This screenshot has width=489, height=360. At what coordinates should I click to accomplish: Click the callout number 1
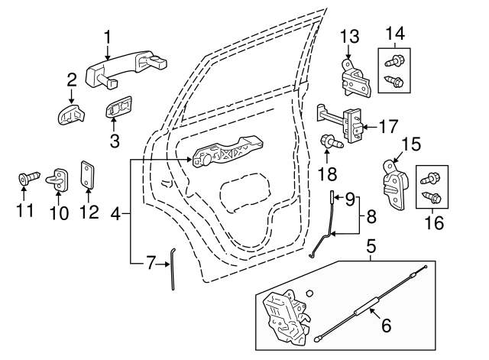[x=108, y=36]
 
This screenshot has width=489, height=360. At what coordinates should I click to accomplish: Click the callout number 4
[x=116, y=216]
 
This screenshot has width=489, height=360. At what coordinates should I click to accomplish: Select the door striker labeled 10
[x=60, y=178]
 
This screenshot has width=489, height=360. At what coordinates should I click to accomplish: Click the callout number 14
[x=396, y=33]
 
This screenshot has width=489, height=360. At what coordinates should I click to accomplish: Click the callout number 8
[x=371, y=216]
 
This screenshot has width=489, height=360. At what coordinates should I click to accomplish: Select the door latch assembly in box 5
[x=284, y=313]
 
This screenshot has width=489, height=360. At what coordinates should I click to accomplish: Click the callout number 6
[x=386, y=325]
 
